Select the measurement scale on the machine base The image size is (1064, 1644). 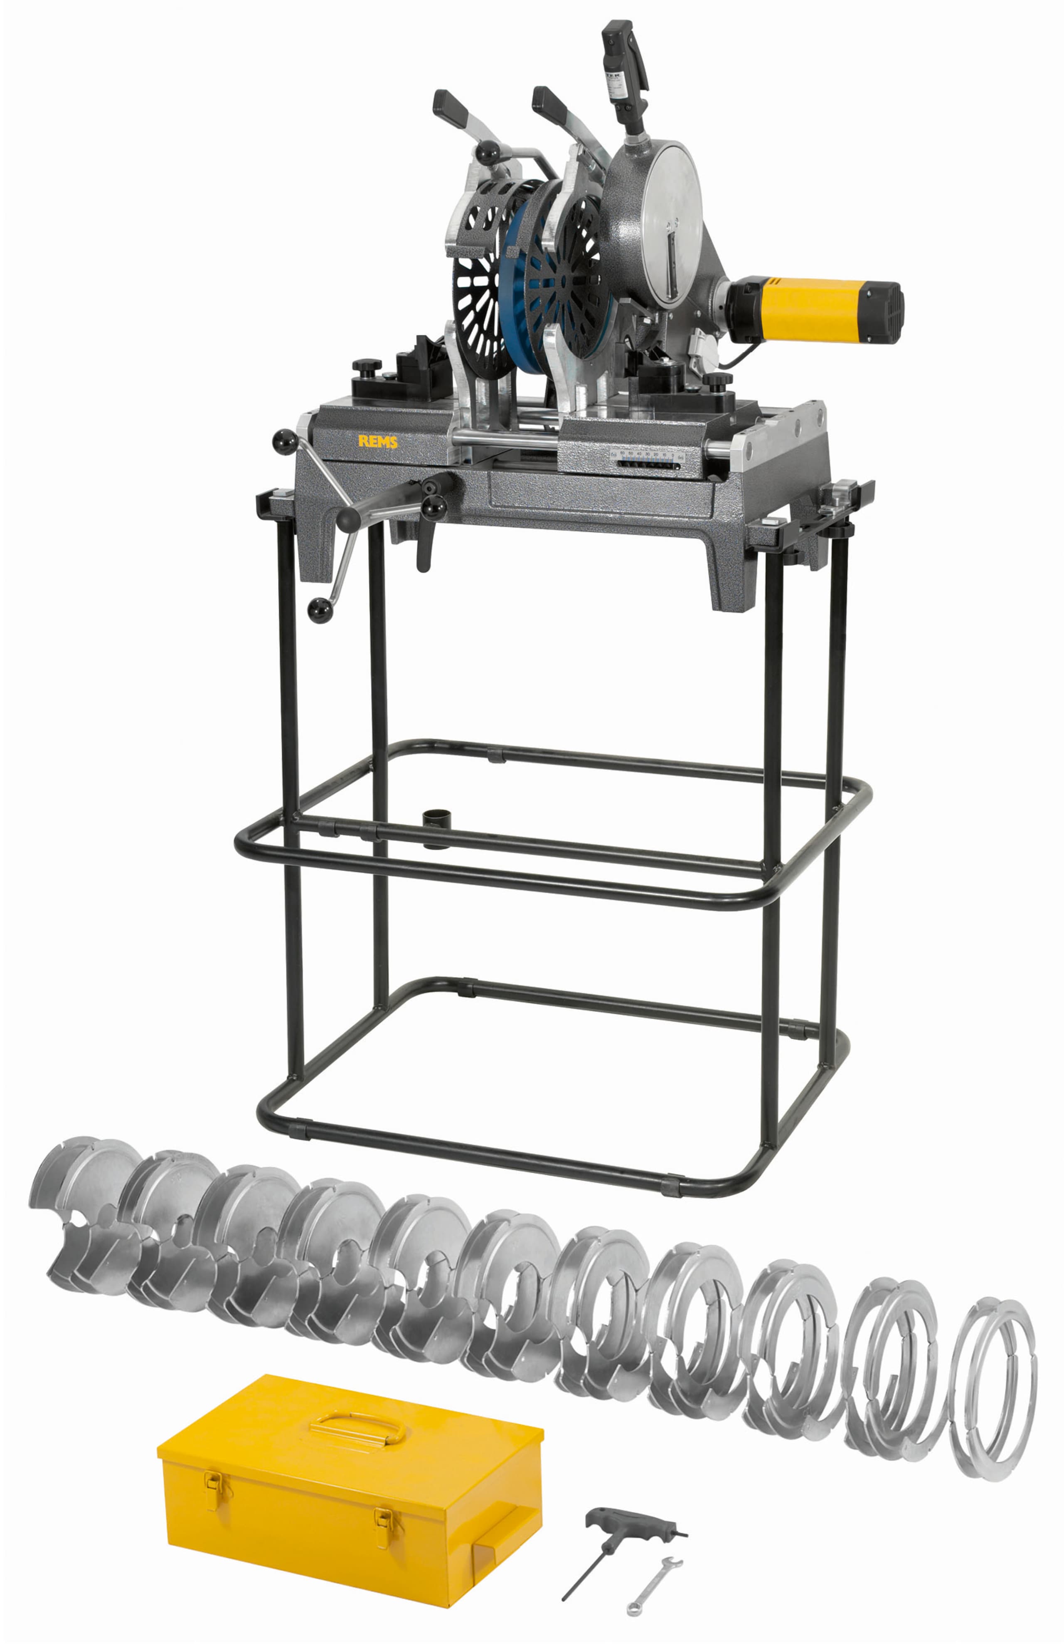(645, 461)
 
